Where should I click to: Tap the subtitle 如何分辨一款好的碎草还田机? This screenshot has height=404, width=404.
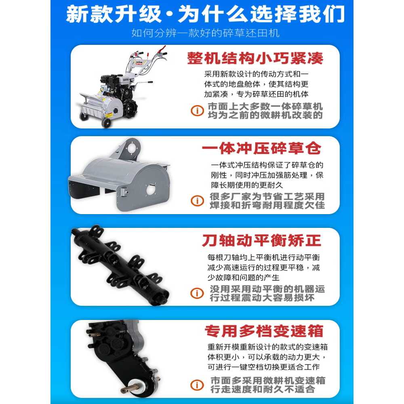[205, 33]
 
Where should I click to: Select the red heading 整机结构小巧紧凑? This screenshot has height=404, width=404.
[255, 58]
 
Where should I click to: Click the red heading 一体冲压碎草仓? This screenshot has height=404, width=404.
[261, 148]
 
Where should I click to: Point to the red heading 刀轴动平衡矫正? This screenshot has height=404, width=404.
[261, 240]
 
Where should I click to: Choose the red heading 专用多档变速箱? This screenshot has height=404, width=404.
[264, 331]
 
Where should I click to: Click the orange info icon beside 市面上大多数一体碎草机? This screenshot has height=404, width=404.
[197, 111]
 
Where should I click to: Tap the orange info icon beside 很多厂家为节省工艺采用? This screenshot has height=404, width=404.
[197, 200]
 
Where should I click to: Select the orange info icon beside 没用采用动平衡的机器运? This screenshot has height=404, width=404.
[197, 293]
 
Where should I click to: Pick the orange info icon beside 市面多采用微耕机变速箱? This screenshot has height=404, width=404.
[197, 385]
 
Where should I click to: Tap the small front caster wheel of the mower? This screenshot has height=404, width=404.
[106, 123]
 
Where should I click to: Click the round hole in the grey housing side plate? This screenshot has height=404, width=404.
[151, 189]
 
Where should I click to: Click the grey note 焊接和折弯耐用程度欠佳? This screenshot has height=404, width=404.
[267, 205]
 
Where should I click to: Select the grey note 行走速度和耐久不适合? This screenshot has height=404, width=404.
[263, 389]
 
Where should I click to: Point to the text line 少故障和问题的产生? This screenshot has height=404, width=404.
[244, 278]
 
